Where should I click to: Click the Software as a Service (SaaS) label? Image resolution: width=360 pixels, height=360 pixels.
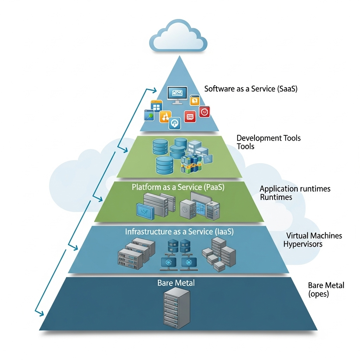[x=251, y=89]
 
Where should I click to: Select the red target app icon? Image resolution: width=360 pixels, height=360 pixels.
[x=204, y=111]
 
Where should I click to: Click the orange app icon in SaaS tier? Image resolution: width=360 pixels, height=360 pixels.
[x=165, y=117]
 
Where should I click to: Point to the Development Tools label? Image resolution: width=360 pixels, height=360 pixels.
[x=269, y=142]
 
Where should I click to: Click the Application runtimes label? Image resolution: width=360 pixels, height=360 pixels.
[x=295, y=193]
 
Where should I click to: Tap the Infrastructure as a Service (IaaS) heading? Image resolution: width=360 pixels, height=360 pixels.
[x=179, y=232]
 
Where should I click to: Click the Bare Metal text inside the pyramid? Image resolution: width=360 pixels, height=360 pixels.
[x=176, y=283]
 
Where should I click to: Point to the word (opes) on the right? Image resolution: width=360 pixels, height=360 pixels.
[x=318, y=294]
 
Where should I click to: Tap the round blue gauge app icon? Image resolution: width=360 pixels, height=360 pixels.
[x=175, y=123]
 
